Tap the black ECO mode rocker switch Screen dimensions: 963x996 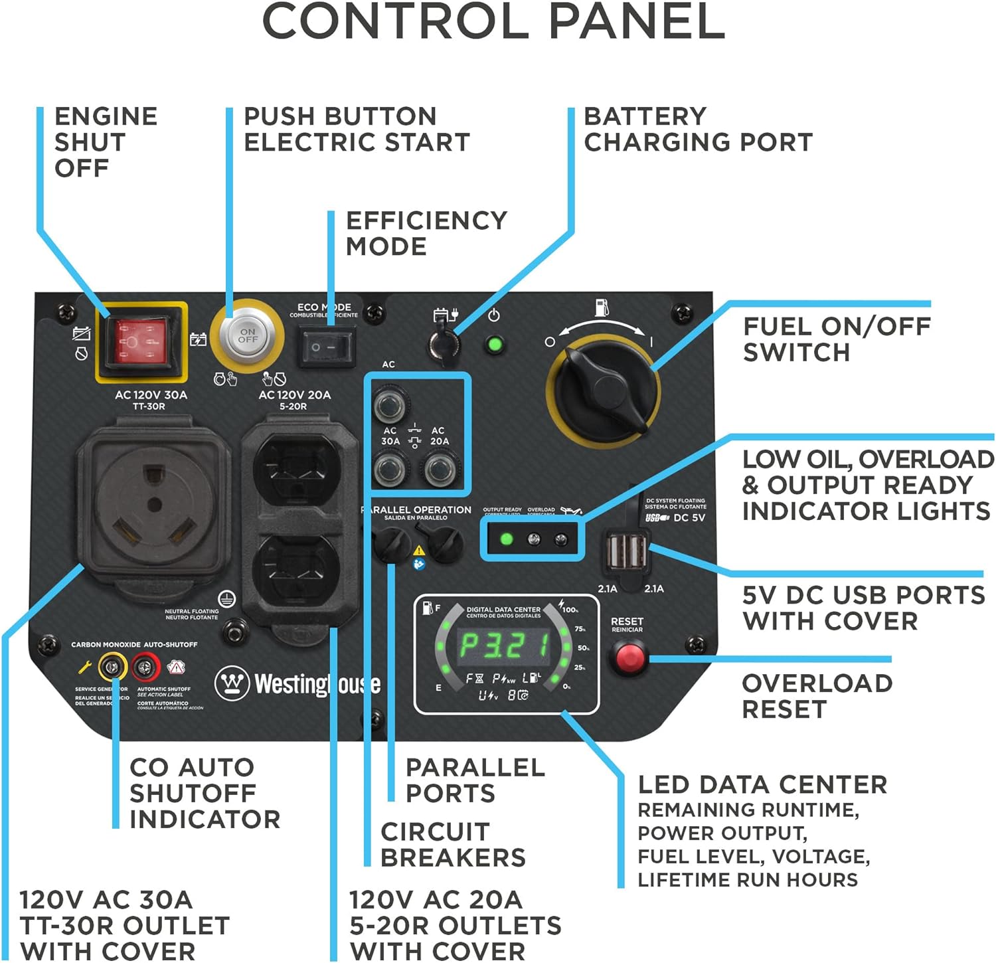(329, 347)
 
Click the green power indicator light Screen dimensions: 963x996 (494, 345)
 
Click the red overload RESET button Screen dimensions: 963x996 (627, 657)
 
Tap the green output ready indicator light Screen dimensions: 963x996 (506, 539)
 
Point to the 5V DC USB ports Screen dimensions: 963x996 (625, 552)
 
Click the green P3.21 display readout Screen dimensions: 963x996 (505, 645)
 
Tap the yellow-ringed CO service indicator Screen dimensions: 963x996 (113, 667)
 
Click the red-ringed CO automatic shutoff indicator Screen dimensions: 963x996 (145, 667)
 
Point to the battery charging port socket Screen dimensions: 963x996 (444, 343)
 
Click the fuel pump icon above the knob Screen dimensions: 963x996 (601, 307)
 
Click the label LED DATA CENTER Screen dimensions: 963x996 (762, 784)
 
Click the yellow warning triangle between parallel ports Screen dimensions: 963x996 (419, 550)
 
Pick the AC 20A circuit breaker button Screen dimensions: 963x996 (439, 469)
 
